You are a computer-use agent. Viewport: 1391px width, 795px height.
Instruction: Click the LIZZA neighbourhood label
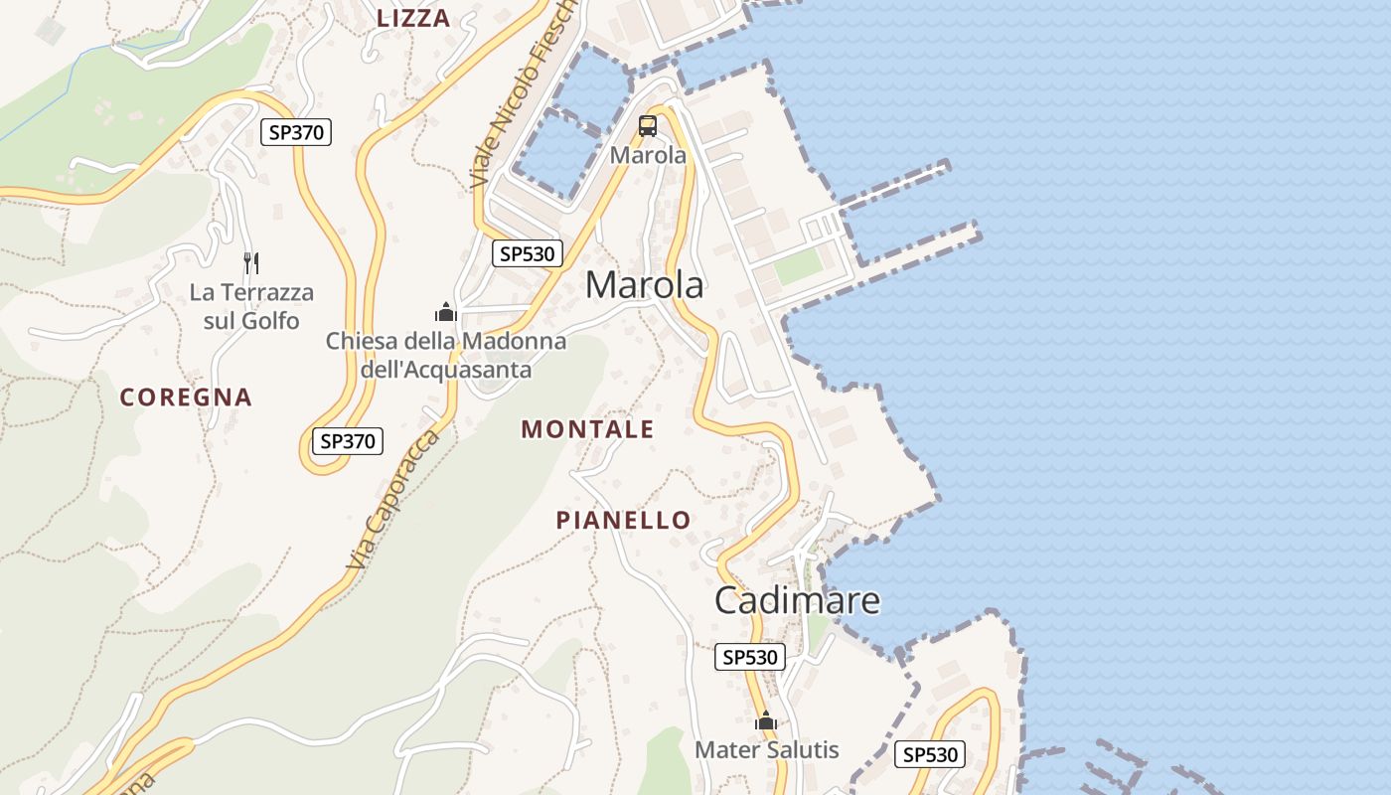click(x=413, y=18)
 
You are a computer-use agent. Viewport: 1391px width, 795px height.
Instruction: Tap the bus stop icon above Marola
click(x=648, y=126)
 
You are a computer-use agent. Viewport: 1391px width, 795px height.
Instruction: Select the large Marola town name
click(x=645, y=285)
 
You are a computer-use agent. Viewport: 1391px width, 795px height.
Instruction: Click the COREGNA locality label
click(x=186, y=397)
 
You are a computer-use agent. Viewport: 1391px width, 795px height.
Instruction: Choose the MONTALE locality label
click(x=587, y=429)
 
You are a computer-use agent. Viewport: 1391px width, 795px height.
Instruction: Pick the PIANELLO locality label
click(x=623, y=520)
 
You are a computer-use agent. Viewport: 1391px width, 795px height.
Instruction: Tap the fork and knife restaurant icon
click(x=251, y=263)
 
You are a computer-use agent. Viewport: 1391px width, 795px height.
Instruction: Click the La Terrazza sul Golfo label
click(x=251, y=306)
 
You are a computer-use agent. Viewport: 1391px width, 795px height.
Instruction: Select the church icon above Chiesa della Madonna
click(x=446, y=313)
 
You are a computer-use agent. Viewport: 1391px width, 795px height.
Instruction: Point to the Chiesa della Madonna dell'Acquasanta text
click(x=446, y=355)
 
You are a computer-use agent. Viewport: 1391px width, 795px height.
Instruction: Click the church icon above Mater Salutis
click(x=765, y=721)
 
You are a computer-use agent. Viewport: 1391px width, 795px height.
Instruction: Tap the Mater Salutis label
click(x=767, y=750)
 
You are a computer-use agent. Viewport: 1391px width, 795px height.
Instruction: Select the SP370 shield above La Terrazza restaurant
click(x=296, y=132)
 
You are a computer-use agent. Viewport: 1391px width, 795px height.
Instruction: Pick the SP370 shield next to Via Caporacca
click(x=348, y=441)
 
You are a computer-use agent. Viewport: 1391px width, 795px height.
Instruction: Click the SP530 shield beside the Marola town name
click(x=528, y=253)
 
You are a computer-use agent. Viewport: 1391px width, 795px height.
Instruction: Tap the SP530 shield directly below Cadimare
click(x=749, y=657)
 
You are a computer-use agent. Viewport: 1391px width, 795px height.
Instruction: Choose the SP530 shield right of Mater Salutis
click(x=930, y=754)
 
